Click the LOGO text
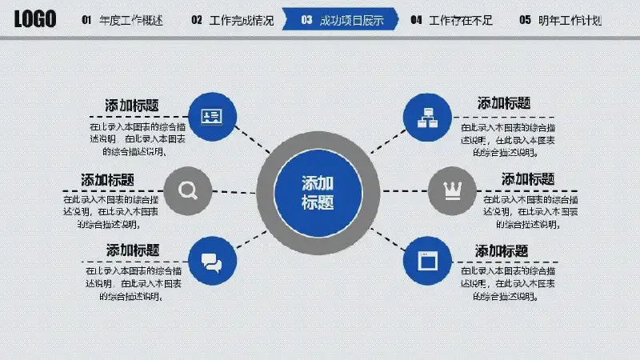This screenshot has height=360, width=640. [x=35, y=19]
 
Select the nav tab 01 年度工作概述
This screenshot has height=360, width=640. [x=122, y=20]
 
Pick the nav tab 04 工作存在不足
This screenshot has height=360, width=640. [x=452, y=20]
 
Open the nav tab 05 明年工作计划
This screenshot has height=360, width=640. [x=561, y=20]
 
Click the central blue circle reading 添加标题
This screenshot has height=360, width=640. [x=318, y=193]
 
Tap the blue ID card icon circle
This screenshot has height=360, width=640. [x=212, y=117]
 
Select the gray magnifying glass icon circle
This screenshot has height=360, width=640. [x=188, y=190]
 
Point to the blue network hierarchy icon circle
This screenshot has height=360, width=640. [x=427, y=117]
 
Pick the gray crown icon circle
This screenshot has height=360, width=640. [x=452, y=191]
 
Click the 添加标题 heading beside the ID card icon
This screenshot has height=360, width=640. [x=131, y=106]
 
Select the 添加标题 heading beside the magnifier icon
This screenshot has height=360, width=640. [x=107, y=179]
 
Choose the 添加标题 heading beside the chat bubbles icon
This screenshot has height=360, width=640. [x=133, y=250]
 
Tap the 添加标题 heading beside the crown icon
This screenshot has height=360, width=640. [x=528, y=178]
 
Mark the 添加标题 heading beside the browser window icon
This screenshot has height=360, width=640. [x=502, y=251]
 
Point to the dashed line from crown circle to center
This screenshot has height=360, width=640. [x=403, y=192]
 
